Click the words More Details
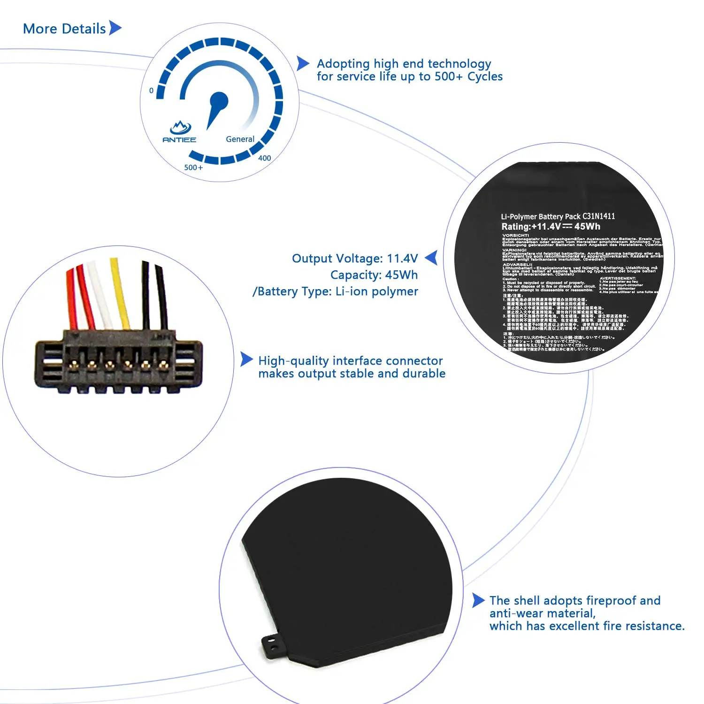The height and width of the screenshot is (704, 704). [x=64, y=29]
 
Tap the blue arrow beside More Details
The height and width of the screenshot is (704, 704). [x=115, y=28]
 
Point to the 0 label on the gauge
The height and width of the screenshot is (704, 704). [x=151, y=91]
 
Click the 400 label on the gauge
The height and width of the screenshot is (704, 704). [x=264, y=158]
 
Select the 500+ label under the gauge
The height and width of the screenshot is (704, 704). [x=193, y=168]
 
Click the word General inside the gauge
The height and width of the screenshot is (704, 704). [x=240, y=139]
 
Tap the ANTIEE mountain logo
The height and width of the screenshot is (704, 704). [x=180, y=127]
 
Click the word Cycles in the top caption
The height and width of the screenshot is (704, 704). [x=485, y=77]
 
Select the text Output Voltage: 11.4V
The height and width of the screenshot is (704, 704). [x=355, y=259]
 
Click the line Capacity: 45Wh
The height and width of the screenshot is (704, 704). [x=374, y=275]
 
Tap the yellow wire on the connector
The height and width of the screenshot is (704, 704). [x=120, y=293]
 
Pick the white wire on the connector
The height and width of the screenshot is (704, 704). [x=100, y=296]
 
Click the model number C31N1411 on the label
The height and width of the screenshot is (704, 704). [x=598, y=216]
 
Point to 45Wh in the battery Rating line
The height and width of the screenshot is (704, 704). [x=587, y=227]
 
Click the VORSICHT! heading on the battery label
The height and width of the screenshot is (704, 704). [x=515, y=235]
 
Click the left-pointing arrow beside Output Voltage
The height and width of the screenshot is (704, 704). [x=431, y=258]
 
